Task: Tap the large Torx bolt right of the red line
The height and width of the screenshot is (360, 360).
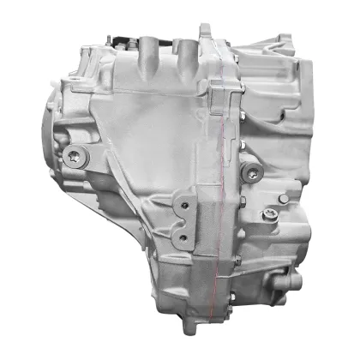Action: tap(249, 173)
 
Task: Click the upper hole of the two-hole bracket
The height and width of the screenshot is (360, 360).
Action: tap(183, 204)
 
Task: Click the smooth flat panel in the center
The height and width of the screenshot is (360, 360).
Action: tap(154, 146)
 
